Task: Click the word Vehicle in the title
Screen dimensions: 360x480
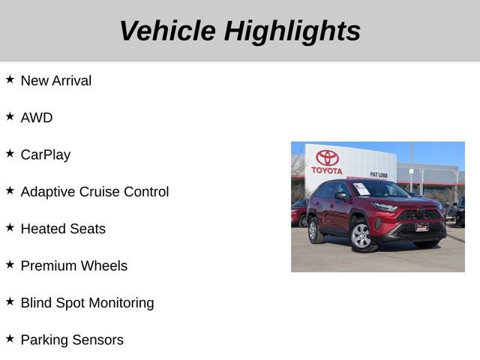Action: [166, 31]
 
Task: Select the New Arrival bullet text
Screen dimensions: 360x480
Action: [56, 80]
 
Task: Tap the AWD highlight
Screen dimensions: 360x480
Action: [37, 118]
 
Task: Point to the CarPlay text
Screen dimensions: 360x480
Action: [46, 154]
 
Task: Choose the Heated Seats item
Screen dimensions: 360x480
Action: [63, 229]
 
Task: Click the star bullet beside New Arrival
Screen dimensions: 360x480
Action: [10, 79]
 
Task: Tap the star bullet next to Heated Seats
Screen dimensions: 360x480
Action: [10, 227]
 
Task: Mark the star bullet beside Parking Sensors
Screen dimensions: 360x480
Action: [10, 338]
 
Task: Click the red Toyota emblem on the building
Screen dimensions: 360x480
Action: [327, 157]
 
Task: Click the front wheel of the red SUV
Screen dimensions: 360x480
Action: [361, 236]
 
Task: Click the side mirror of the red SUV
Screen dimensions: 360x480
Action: [340, 196]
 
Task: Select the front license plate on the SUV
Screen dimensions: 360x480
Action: [422, 226]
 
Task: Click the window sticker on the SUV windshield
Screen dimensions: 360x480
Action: [361, 188]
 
